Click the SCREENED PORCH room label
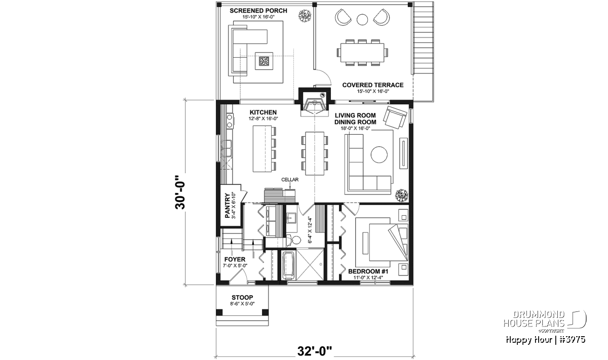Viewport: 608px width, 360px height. [258, 11]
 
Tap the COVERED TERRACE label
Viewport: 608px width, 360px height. [373, 85]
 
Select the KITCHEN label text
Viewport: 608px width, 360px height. [263, 112]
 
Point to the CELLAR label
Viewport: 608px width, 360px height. [290, 180]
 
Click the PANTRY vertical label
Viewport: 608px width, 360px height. [227, 206]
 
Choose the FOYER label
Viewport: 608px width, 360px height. [235, 259]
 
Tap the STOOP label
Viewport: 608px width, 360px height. [242, 297]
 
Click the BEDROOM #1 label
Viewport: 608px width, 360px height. [368, 271]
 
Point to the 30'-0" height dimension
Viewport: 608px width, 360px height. [180, 192]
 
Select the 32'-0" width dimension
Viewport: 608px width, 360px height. [315, 351]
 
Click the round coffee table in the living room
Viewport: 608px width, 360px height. [379, 154]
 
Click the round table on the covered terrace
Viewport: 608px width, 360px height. [362, 19]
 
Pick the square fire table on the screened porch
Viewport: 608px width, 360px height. [263, 61]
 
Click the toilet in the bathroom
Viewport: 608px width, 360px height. [294, 240]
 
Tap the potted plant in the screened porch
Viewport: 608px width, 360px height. [305, 16]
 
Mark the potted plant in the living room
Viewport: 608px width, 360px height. [402, 195]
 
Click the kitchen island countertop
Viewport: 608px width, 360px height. [262, 149]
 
